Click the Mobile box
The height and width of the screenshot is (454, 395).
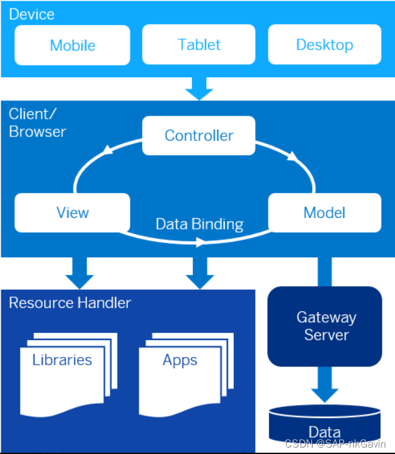tap(72, 45)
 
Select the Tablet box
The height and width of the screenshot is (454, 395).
tap(199, 45)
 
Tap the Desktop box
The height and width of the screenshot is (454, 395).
tap(324, 45)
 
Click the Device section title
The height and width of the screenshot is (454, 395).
tap(31, 14)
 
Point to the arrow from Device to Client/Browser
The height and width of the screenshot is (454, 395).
tap(199, 89)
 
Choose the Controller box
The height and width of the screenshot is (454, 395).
tap(199, 136)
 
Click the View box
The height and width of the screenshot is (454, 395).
tap(72, 213)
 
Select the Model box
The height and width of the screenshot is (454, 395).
tap(324, 213)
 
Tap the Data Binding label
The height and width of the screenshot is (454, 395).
tap(199, 224)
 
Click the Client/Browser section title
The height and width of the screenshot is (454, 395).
tap(37, 123)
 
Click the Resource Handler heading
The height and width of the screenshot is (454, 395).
tap(69, 302)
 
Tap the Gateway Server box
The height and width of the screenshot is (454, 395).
tap(326, 326)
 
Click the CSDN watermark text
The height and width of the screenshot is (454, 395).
tap(335, 444)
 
